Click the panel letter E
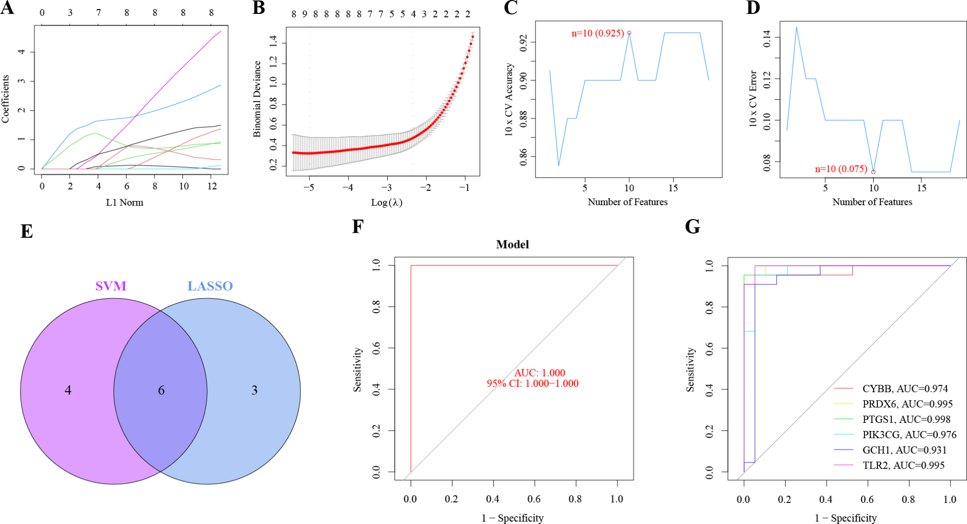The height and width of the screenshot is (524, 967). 26,232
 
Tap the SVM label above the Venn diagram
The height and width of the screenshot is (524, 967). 111,286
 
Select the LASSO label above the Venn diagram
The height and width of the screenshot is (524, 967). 210,286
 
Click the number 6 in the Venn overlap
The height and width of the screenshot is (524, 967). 161,390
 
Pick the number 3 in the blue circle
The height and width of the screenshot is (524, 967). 254,390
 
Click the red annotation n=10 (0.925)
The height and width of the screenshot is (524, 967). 598,33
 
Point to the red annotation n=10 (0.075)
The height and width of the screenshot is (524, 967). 841,169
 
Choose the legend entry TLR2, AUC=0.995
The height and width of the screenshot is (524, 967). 903,465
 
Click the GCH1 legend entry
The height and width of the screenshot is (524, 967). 904,450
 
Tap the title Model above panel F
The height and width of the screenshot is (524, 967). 512,245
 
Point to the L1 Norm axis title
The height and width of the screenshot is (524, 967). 125,202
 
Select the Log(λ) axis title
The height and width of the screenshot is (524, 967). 386,202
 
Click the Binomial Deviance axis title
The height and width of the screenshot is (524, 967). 257,99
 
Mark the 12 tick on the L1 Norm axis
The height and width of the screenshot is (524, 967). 212,186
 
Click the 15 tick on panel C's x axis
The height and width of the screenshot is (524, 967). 673,188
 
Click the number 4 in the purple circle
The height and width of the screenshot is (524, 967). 68,390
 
